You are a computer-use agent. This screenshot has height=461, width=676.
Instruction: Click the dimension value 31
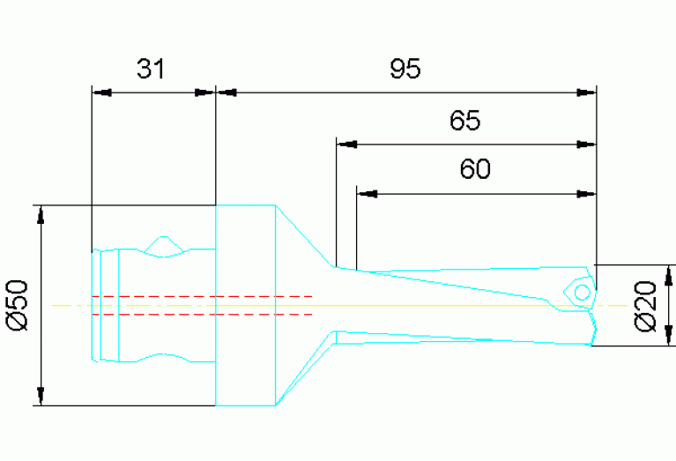click(151, 69)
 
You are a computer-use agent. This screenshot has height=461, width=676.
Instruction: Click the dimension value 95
click(406, 69)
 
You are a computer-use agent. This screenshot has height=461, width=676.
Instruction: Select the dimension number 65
click(464, 121)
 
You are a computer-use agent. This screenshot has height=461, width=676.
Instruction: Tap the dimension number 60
click(475, 169)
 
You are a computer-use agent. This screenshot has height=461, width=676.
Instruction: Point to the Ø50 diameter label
click(19, 306)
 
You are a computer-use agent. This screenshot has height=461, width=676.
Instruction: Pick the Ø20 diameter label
click(646, 306)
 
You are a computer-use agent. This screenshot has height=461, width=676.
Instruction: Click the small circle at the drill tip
click(582, 292)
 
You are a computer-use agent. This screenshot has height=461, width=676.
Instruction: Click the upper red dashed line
click(202, 296)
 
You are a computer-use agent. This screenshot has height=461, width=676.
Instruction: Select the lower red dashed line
click(202, 314)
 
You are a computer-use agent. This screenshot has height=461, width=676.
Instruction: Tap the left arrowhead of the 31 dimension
click(102, 91)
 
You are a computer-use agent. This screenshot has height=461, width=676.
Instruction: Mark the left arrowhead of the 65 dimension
click(346, 143)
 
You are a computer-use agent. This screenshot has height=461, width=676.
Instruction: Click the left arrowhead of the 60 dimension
click(367, 191)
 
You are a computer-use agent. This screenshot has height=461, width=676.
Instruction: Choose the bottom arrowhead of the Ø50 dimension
click(39, 397)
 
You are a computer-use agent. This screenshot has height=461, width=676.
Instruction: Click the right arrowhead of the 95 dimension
click(587, 91)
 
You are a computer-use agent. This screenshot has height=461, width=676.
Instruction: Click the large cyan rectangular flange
click(247, 305)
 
